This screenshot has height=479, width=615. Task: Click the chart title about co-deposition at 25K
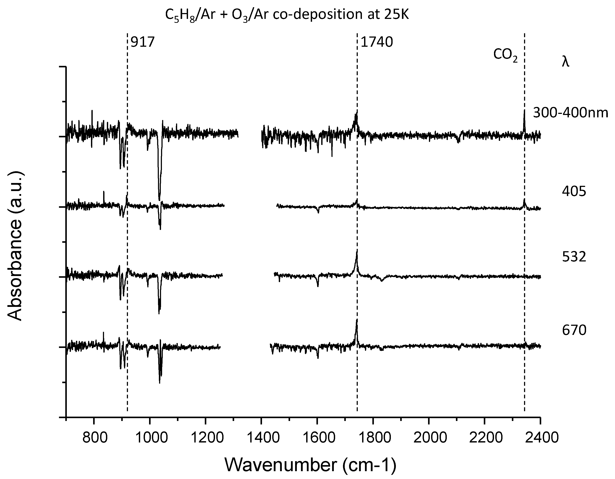(287, 15)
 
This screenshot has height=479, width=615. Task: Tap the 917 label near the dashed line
(143, 42)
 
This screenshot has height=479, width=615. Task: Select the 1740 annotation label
(376, 42)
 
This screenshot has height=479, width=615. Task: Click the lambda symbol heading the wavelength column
(565, 62)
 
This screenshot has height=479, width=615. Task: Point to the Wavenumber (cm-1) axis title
(310, 465)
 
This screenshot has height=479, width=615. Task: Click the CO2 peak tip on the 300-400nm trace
(524, 110)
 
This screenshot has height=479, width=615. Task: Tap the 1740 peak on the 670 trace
(357, 320)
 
